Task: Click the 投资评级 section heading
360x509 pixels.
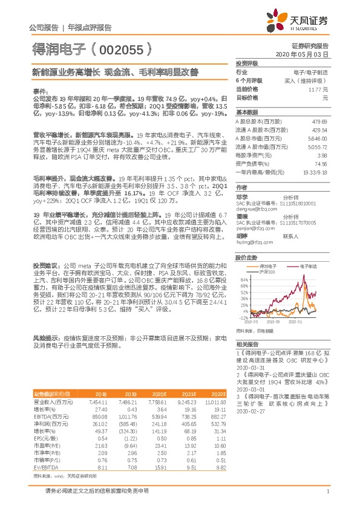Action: click(247, 63)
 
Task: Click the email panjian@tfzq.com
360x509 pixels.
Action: click(252, 229)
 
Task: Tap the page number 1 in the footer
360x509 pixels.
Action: click(327, 491)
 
